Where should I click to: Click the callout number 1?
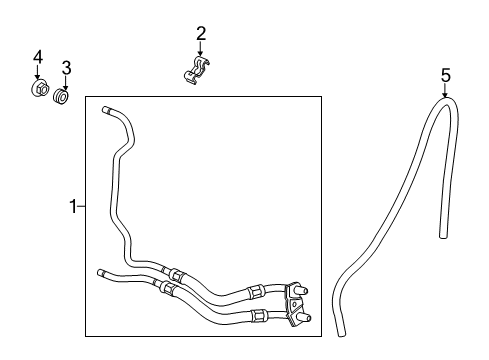pyautogui.click(x=72, y=207)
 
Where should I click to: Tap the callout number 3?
pyautogui.click(x=66, y=68)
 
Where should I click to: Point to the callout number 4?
pyautogui.click(x=38, y=56)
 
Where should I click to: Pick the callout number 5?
pyautogui.click(x=446, y=73)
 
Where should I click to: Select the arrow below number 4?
pyautogui.click(x=39, y=73)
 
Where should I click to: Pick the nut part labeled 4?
pyautogui.click(x=40, y=90)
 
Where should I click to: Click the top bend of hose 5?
pyautogui.click(x=444, y=101)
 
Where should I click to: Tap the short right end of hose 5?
pyautogui.click(x=445, y=233)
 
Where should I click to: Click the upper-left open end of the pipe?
pyautogui.click(x=105, y=112)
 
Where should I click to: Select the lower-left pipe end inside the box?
pyautogui.click(x=102, y=271)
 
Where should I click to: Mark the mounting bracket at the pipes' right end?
pyautogui.click(x=294, y=302)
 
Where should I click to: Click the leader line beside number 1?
pyautogui.click(x=81, y=207)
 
